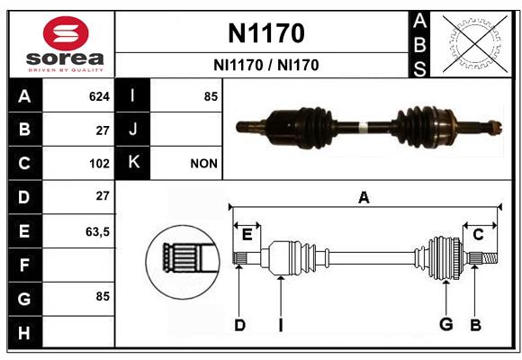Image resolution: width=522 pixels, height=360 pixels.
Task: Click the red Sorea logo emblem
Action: (66, 33)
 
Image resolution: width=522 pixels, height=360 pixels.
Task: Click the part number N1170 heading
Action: (266, 33)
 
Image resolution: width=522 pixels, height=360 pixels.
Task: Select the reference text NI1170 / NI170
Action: (266, 65)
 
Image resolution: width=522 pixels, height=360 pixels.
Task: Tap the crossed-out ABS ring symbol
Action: (475, 44)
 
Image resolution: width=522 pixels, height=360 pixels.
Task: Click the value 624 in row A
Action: (99, 96)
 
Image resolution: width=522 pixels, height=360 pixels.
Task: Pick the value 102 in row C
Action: (99, 164)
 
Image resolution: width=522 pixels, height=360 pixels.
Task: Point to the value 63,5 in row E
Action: (97, 232)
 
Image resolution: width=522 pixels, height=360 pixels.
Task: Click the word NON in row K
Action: (203, 164)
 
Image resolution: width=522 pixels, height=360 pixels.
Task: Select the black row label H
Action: (25, 332)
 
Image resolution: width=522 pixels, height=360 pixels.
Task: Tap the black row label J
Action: (132, 129)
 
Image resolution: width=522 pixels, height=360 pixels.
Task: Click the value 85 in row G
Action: (103, 296)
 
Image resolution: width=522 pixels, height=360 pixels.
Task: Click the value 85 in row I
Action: (211, 96)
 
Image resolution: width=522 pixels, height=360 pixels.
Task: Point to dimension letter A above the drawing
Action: (364, 197)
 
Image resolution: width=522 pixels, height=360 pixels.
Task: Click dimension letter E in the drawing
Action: (247, 235)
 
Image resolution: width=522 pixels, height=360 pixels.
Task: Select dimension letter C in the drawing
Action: (478, 235)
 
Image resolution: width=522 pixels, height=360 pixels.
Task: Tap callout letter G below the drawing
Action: (446, 324)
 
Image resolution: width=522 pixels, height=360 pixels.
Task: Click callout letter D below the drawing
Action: (239, 325)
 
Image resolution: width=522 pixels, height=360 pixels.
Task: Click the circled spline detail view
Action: (183, 262)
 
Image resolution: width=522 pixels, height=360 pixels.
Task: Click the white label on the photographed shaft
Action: (364, 127)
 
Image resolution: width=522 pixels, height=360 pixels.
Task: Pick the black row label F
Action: (25, 265)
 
